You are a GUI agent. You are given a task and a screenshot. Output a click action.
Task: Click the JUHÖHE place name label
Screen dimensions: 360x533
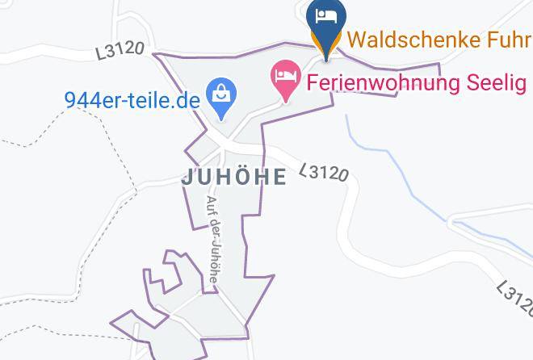tap(233, 177)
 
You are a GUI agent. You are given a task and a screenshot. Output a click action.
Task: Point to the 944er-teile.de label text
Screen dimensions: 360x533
tap(131, 100)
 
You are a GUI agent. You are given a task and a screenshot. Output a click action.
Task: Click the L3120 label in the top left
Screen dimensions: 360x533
tap(120, 50)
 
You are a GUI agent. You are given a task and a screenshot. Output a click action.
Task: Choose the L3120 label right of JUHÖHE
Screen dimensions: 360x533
tap(324, 172)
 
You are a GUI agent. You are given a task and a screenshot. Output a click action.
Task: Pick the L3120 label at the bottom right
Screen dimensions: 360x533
tap(514, 299)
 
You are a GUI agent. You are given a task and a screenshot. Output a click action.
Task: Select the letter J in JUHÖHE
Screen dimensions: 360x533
tap(187, 178)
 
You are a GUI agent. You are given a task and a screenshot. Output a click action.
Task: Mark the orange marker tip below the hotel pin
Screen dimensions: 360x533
tap(326, 55)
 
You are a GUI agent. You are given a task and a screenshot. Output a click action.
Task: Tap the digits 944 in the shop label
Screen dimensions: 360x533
tap(81, 100)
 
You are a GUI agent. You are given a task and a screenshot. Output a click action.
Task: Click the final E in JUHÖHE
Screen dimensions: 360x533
tap(279, 177)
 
